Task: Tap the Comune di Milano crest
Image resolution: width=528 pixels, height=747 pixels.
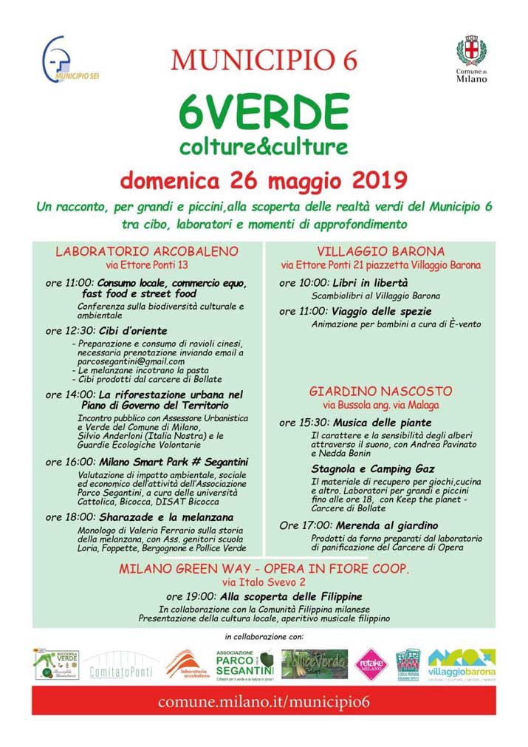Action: (470, 58)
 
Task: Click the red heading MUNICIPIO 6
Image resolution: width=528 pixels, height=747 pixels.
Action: (264, 59)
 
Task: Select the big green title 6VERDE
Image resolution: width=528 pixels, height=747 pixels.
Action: (264, 112)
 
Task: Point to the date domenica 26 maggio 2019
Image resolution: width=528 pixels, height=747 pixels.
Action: (264, 180)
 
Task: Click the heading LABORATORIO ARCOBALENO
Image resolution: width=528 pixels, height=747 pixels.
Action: (147, 251)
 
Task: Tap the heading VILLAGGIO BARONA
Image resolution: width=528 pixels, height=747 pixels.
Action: (380, 251)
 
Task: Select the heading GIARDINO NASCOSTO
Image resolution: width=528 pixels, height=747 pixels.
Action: (380, 391)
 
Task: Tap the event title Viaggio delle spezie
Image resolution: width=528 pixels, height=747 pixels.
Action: (382, 311)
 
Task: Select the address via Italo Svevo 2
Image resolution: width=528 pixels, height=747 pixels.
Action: (264, 582)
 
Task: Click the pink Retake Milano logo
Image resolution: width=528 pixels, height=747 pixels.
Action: (371, 663)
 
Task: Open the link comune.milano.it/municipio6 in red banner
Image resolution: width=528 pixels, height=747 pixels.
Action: (264, 701)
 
